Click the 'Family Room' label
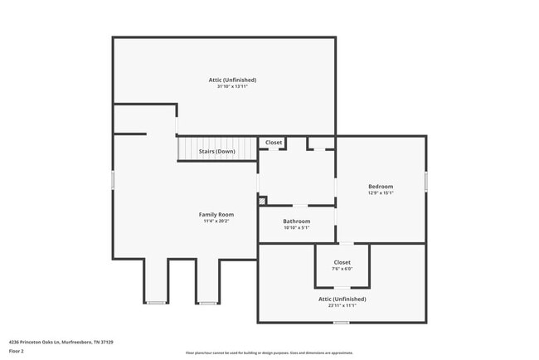click(x=216, y=214)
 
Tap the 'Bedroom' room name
click(x=381, y=187)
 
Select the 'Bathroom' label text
click(x=296, y=221)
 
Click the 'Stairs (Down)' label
click(x=216, y=152)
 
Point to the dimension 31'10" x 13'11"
click(x=232, y=86)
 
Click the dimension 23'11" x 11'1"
click(x=342, y=305)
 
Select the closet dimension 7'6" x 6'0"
click(x=342, y=269)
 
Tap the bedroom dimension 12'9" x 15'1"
click(x=381, y=193)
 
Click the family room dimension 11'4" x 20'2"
click(x=216, y=221)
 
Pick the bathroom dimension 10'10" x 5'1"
click(x=296, y=227)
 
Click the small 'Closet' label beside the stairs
click(x=274, y=143)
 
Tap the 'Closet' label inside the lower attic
click(x=342, y=262)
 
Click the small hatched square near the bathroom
click(x=263, y=200)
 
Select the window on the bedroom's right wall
click(x=425, y=181)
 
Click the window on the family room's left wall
click(x=113, y=180)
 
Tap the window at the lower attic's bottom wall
click(x=341, y=323)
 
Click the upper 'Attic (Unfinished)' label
click(x=232, y=80)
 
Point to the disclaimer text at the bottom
click(x=269, y=353)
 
